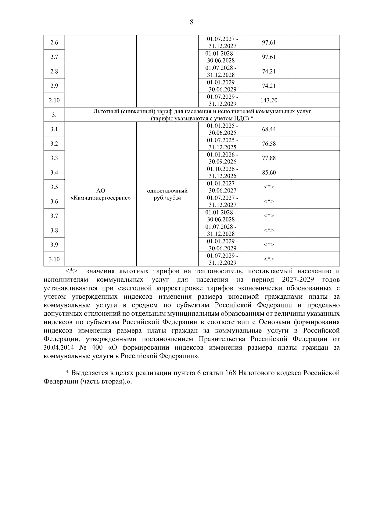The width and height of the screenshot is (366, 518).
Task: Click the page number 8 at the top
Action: (192, 22)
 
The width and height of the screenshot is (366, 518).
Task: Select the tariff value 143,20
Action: (269, 100)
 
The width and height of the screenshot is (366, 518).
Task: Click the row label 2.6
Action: (54, 42)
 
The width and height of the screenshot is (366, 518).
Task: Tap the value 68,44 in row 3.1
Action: (269, 129)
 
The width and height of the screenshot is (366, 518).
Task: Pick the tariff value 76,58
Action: (269, 144)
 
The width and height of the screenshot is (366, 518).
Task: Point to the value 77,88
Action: (269, 158)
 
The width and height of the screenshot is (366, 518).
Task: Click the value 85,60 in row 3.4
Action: (269, 172)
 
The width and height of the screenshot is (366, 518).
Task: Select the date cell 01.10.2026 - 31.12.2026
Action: (222, 172)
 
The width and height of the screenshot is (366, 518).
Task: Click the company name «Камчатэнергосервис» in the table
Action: (101, 198)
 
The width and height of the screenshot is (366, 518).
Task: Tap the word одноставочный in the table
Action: (167, 191)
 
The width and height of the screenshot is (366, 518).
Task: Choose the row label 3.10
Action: (54, 259)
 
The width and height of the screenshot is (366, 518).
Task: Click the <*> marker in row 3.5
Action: (269, 187)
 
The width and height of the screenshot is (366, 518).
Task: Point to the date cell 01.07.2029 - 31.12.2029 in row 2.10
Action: (222, 100)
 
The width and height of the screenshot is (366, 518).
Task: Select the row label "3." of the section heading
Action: (54, 115)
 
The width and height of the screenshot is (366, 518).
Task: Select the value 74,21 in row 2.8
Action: (269, 71)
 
